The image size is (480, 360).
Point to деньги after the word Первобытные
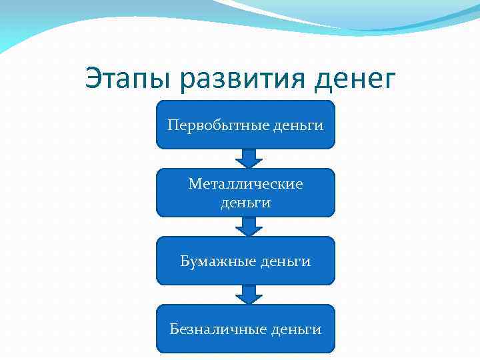tap(297, 125)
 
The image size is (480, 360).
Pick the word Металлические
tap(245, 183)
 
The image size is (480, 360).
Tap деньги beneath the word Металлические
tap(245, 202)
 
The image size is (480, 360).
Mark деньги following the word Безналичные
tap(297, 329)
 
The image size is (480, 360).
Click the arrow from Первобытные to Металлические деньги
tap(249, 158)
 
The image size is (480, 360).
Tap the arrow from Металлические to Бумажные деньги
tap(249, 226)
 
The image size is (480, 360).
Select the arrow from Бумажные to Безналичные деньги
tap(249, 294)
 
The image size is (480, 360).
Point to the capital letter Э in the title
tap(94, 79)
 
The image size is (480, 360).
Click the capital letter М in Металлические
tap(194, 183)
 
